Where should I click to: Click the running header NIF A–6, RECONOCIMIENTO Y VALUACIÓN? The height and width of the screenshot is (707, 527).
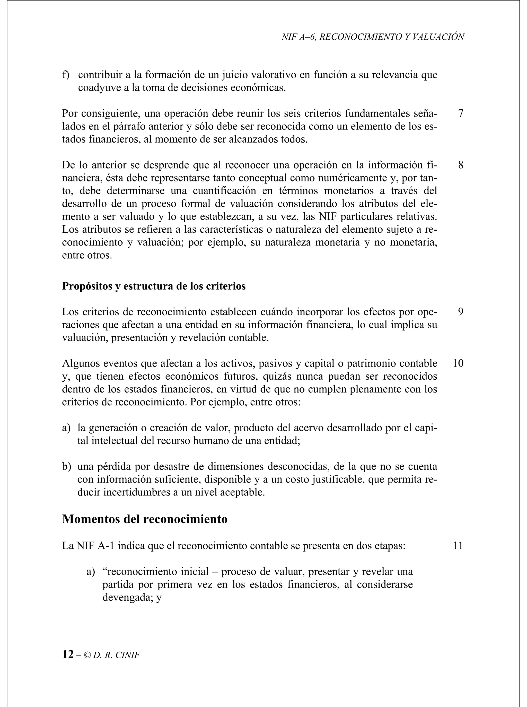[373, 37]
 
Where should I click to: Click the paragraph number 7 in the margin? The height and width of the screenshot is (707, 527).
[460, 114]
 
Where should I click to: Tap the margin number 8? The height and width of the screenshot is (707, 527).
[460, 165]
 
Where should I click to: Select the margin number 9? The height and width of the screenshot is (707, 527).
[460, 312]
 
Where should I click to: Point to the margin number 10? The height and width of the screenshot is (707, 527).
[458, 363]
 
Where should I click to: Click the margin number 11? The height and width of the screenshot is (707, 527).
[458, 546]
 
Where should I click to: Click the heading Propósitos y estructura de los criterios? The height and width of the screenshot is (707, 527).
[154, 286]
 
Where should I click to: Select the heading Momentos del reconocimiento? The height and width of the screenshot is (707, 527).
[145, 519]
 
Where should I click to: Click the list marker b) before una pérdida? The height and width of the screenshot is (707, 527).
[66, 467]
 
